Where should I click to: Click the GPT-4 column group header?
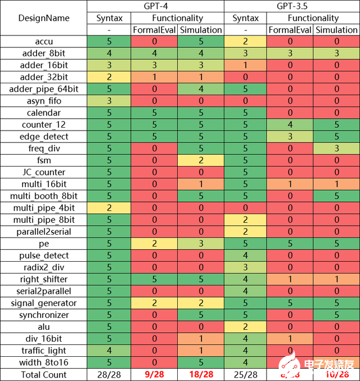155,6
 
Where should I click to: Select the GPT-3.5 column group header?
291,6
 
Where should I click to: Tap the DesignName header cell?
44,18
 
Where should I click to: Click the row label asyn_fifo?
44,101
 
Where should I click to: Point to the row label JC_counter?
44,172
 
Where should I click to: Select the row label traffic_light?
44,351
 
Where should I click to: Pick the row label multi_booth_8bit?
44,196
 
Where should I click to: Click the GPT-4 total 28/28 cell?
109,374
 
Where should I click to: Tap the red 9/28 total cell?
154,374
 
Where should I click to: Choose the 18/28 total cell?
201,374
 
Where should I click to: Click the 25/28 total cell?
246,374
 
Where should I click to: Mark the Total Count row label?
44,374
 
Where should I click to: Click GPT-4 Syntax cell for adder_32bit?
109,77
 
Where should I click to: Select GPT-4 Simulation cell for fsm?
201,160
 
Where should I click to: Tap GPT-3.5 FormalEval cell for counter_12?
291,124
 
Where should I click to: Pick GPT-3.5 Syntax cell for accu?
246,42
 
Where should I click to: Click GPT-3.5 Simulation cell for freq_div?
336,149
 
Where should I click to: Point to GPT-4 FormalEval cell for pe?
154,244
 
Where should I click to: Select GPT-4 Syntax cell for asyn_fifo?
109,101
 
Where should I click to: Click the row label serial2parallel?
44,291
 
